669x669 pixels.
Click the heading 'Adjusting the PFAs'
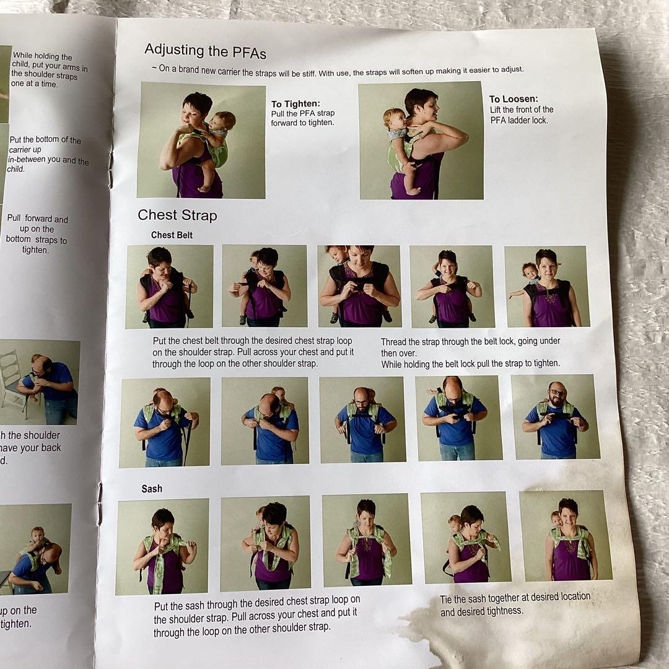click(205, 50)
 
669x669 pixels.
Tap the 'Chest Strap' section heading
click(177, 215)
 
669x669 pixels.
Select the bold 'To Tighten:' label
click(295, 104)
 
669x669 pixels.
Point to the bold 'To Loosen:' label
click(514, 99)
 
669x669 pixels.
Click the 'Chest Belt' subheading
click(172, 235)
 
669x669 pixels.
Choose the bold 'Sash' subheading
click(152, 489)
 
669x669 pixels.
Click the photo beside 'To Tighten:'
click(201, 141)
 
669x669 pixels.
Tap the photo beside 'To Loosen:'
click(421, 141)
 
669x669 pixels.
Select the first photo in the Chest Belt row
click(169, 286)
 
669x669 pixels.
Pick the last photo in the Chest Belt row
click(547, 286)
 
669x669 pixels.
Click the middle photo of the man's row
click(362, 419)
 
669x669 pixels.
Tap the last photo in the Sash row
click(565, 536)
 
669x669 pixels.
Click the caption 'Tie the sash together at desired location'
click(515, 598)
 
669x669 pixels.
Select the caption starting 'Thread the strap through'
click(470, 341)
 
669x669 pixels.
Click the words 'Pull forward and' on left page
click(37, 219)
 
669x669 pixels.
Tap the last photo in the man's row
click(555, 417)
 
